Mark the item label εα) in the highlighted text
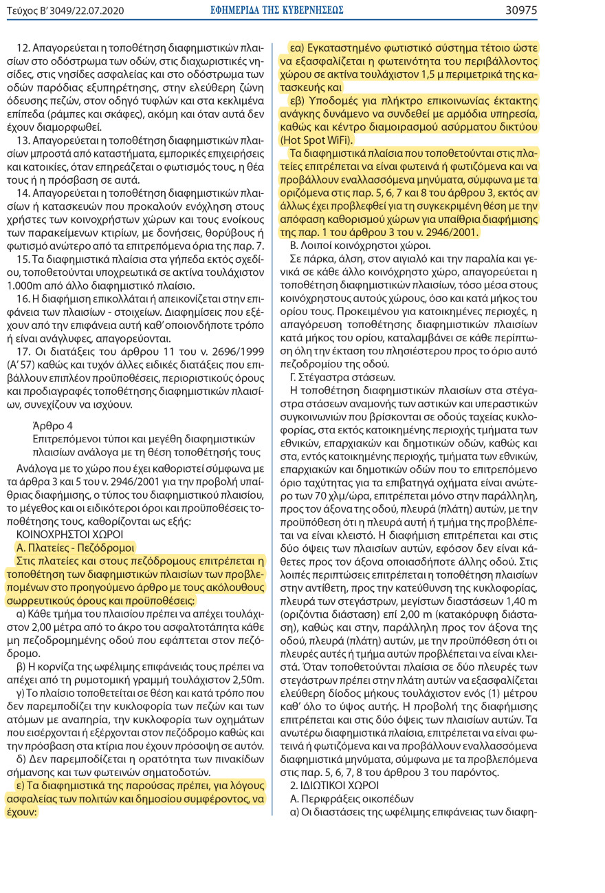[x=298, y=48]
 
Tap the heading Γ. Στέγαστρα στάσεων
[x=342, y=378]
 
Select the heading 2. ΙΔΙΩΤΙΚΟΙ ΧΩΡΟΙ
[x=335, y=785]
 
